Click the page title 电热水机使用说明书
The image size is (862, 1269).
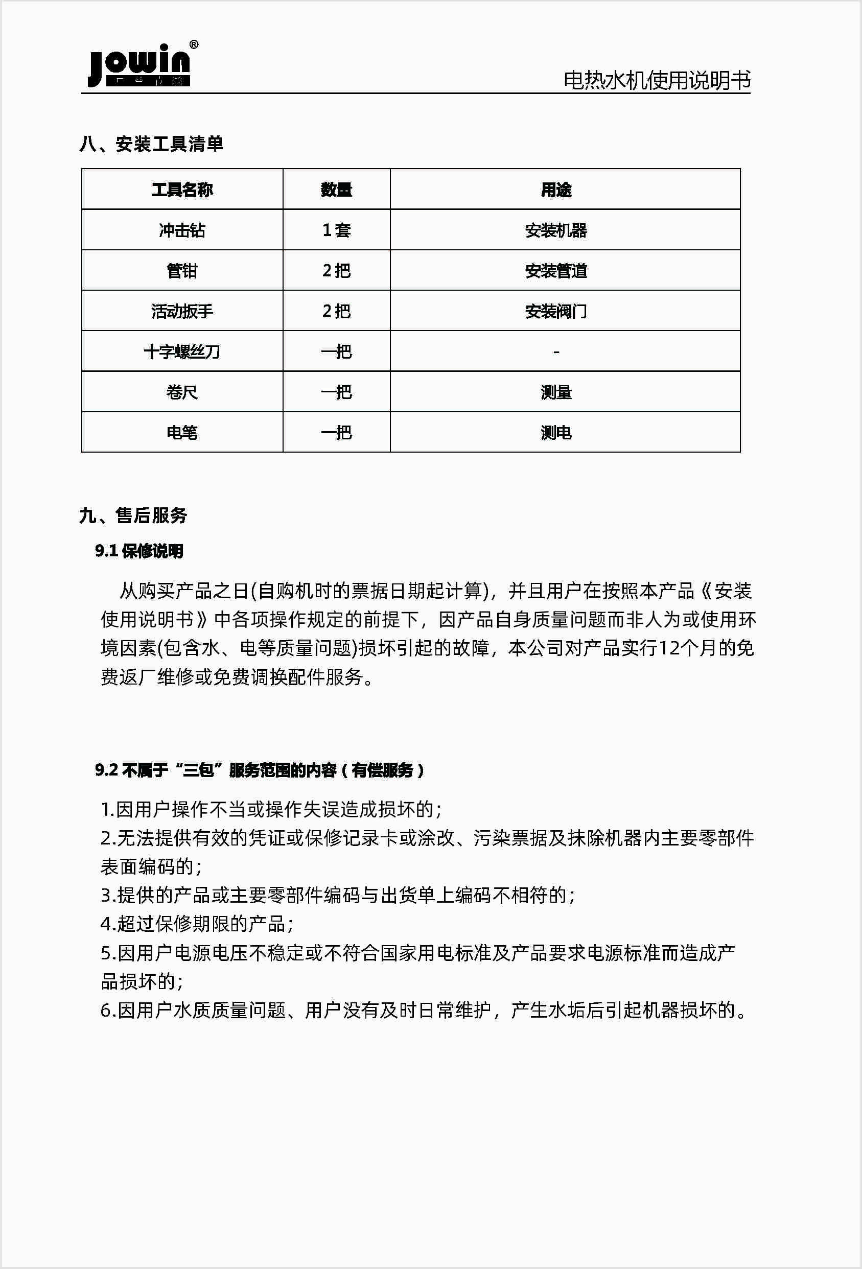[x=657, y=80]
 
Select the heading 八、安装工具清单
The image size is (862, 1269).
[x=151, y=144]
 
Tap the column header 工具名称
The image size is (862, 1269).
[x=182, y=190]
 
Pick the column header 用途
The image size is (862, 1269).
[x=556, y=190]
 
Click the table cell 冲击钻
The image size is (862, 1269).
[x=182, y=230]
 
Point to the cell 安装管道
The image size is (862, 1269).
[x=556, y=271]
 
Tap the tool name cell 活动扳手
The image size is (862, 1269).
[x=182, y=311]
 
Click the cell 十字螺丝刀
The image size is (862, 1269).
[x=182, y=351]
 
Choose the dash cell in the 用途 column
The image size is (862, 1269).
[x=556, y=352]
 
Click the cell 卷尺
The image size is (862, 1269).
[x=182, y=392]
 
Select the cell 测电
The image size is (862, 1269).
[x=556, y=433]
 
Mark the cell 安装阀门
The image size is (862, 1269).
[x=556, y=311]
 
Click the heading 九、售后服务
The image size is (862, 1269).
[x=133, y=515]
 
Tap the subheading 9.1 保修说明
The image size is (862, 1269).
[x=139, y=551]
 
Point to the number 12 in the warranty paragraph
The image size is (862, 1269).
[x=670, y=648]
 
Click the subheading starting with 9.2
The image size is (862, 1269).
[x=260, y=770]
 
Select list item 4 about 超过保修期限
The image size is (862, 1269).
[x=197, y=924]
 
